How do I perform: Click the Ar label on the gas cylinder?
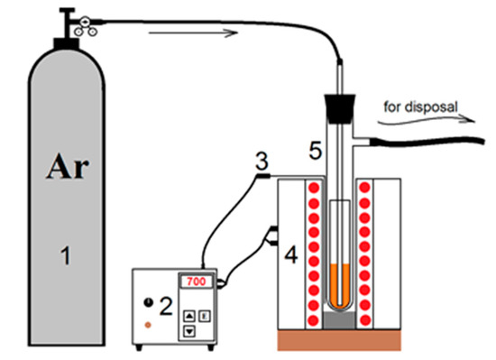coord(68,167)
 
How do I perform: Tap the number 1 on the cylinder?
coord(66,255)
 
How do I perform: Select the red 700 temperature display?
coord(196,282)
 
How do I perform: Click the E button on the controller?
coord(205,316)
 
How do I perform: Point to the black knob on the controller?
coord(149,302)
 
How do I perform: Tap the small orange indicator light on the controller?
coord(148,325)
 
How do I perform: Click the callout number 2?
coord(166,306)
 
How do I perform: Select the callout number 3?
coord(262,161)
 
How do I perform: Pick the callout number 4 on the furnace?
coord(291,254)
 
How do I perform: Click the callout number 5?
coord(315,150)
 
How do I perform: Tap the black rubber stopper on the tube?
coord(340,108)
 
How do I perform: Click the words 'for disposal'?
coord(420,107)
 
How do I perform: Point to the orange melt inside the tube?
coord(340,286)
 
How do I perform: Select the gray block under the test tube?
coord(340,320)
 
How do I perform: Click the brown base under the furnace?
coord(339,340)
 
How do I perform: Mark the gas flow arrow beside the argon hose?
coord(193,32)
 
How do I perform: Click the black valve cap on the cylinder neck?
coord(66,43)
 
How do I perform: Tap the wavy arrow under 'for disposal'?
coord(427,120)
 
